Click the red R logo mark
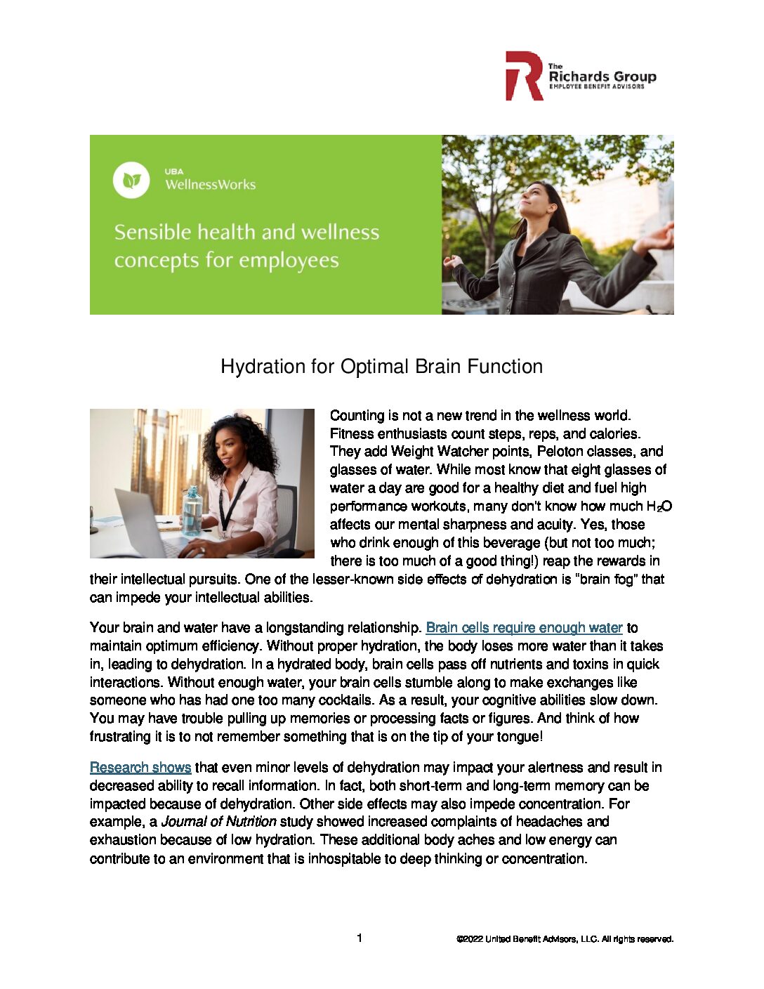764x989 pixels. point(523,76)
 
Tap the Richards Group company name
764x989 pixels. point(602,76)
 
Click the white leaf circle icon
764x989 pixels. point(131,181)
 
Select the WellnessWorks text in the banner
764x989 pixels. point(210,185)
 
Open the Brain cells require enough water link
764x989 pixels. point(524,628)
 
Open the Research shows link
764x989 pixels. point(140,768)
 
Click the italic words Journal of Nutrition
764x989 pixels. point(218,822)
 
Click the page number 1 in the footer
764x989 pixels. point(360,938)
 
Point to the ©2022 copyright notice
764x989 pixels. point(565,939)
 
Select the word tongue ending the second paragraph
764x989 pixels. point(518,737)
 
